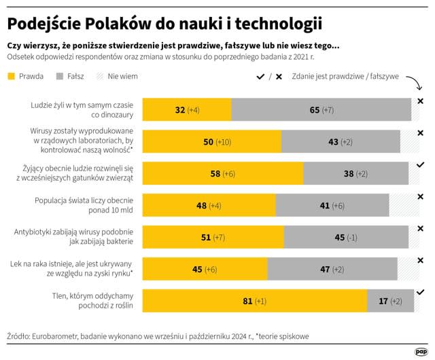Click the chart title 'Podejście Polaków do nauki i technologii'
pos(164,23)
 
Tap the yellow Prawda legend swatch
pos(12,76)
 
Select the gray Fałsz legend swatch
pos(60,76)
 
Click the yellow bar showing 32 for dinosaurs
pos(186,109)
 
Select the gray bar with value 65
pos(321,109)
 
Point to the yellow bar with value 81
pos(254,301)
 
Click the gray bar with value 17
pos(388,301)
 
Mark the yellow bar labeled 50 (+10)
pos(211,141)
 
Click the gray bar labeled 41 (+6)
pos(332,205)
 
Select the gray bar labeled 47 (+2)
pos(332,269)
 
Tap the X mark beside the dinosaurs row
pos(420,101)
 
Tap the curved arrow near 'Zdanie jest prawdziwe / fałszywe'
pos(413,84)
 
